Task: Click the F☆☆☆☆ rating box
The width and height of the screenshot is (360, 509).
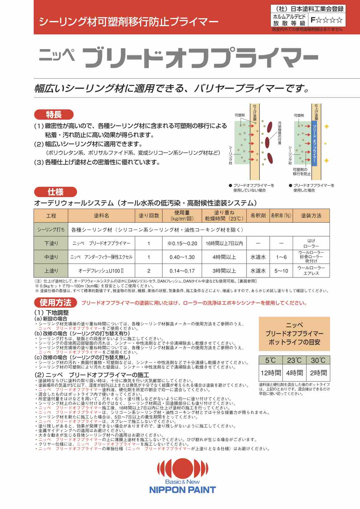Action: (327, 20)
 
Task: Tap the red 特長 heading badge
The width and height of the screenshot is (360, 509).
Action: (54, 115)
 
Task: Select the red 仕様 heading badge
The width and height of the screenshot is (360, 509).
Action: (55, 192)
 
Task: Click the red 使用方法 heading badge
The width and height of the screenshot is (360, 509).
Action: (55, 303)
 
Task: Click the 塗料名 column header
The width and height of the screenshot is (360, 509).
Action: (101, 215)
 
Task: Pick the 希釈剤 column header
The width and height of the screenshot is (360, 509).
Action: (258, 215)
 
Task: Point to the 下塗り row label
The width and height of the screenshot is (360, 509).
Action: (51, 243)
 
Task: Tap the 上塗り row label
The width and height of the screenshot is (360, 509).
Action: (51, 271)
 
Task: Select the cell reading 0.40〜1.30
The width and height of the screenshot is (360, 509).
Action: (182, 257)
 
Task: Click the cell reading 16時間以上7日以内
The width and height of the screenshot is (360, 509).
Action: (224, 243)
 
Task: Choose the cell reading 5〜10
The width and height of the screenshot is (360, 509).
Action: (281, 271)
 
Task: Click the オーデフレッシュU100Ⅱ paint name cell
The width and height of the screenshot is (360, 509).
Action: (101, 271)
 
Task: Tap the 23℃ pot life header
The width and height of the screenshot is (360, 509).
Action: (294, 360)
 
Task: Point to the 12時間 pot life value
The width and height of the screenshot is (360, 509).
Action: (271, 373)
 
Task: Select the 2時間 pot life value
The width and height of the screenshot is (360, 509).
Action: (318, 373)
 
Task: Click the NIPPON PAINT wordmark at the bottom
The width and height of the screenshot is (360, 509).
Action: (182, 490)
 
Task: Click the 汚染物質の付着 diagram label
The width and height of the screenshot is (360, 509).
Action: (280, 132)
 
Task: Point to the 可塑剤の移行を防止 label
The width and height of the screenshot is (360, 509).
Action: (302, 172)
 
